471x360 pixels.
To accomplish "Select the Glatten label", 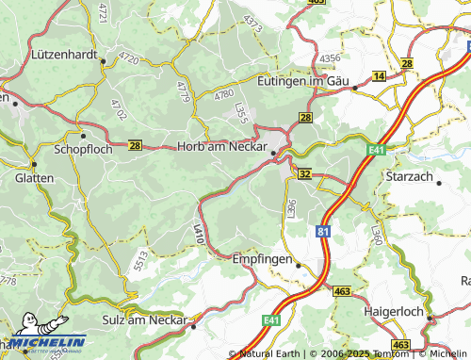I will pos(35,177).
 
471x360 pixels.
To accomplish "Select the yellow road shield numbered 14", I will pos(379,75).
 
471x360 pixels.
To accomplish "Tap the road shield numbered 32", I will pos(304,174).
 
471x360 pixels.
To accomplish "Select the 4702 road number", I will pos(118,109).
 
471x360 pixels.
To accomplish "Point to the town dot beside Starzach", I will pos(439,183).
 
